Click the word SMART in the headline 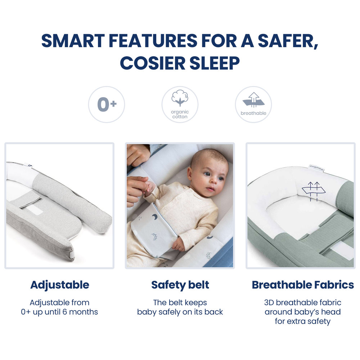click(73, 41)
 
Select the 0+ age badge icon click(107, 104)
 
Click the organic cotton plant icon click(180, 98)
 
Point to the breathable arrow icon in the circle click(253, 100)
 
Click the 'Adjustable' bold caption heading click(60, 285)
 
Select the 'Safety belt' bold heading click(180, 285)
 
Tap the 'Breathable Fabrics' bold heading click(303, 285)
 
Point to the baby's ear click(190, 175)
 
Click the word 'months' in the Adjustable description click(84, 312)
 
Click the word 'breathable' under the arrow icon click(253, 113)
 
